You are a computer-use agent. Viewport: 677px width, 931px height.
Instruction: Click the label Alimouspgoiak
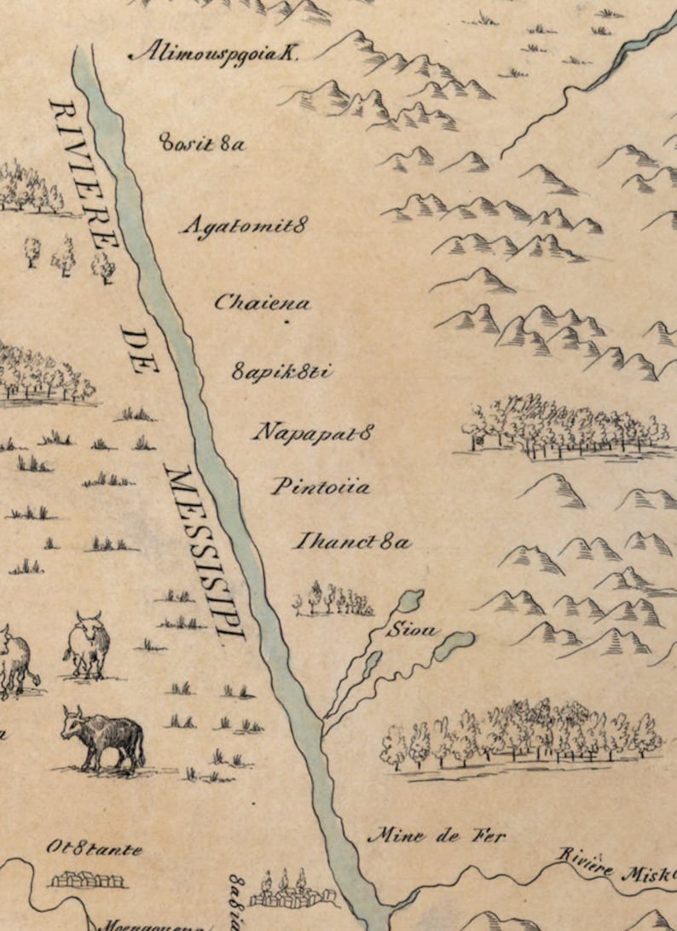pos(212,52)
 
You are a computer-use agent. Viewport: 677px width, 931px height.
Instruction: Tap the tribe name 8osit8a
pos(202,143)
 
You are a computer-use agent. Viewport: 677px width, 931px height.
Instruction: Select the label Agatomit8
pos(244,227)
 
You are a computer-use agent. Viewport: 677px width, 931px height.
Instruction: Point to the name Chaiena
pos(262,302)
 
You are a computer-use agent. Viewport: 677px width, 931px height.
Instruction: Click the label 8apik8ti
pos(281,372)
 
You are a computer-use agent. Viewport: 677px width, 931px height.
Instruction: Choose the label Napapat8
pos(313,432)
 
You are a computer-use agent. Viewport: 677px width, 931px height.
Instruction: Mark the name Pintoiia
pos(321,487)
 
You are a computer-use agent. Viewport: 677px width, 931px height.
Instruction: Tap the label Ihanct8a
pos(352,541)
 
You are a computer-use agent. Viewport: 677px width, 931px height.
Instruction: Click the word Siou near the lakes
pos(411,631)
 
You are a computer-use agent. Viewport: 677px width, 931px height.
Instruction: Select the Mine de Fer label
pos(436,835)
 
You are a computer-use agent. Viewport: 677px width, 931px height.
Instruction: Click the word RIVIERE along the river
pos(84,174)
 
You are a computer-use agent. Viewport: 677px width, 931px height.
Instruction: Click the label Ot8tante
pos(94,849)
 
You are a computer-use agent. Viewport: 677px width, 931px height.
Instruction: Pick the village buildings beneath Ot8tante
pos(85,878)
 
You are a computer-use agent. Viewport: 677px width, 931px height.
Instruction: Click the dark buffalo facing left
pos(102,735)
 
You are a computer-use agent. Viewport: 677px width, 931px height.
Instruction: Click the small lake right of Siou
pos(454,644)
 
